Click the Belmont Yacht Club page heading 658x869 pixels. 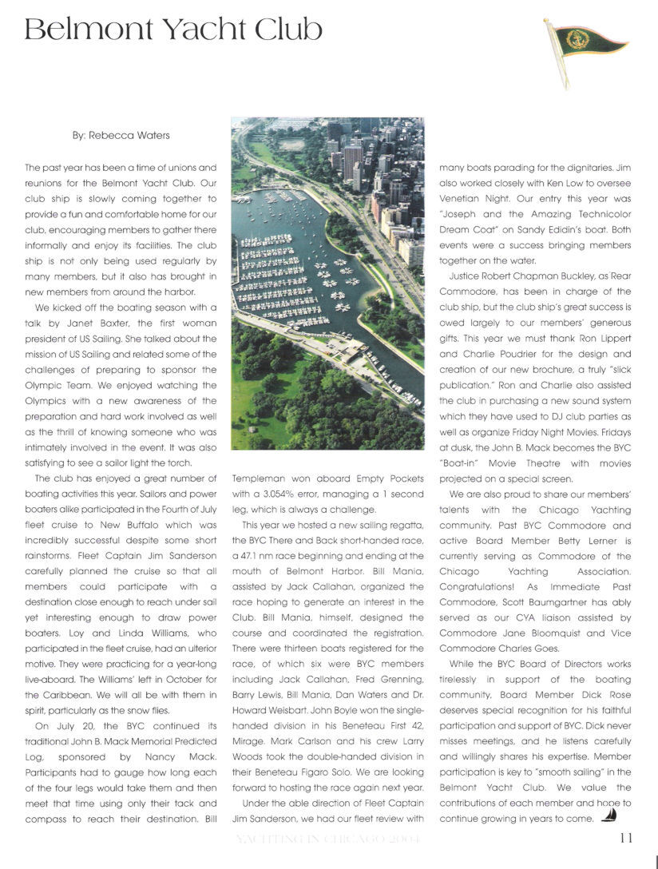coord(173,30)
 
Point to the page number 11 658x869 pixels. coord(626,838)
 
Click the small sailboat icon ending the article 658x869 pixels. coord(608,815)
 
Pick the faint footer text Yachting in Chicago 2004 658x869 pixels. coord(327,839)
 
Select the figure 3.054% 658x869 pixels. coord(282,494)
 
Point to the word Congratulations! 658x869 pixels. coord(482,586)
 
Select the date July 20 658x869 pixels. coord(78,725)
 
